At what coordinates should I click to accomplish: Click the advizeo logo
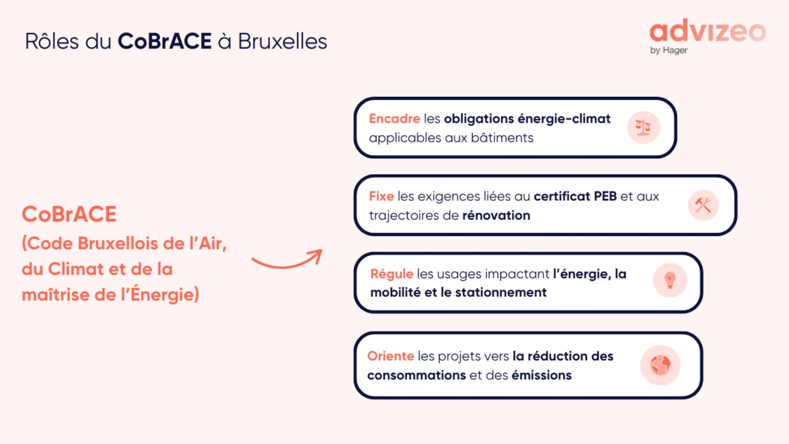707,31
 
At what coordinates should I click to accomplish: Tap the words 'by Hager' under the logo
668,50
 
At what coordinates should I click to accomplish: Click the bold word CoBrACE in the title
164,41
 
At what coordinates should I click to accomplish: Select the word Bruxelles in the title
283,41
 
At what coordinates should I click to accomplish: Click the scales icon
643,127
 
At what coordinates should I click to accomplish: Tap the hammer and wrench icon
703,205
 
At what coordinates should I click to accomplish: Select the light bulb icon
670,280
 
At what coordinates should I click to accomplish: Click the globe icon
660,365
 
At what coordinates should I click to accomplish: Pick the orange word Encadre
394,119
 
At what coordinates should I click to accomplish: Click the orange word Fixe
381,197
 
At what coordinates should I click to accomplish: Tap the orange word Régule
391,274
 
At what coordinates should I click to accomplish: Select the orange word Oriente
390,356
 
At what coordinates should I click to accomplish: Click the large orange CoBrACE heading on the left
69,214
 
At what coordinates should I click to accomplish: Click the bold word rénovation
496,216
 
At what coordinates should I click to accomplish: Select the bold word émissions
541,375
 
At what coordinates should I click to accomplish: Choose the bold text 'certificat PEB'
575,197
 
